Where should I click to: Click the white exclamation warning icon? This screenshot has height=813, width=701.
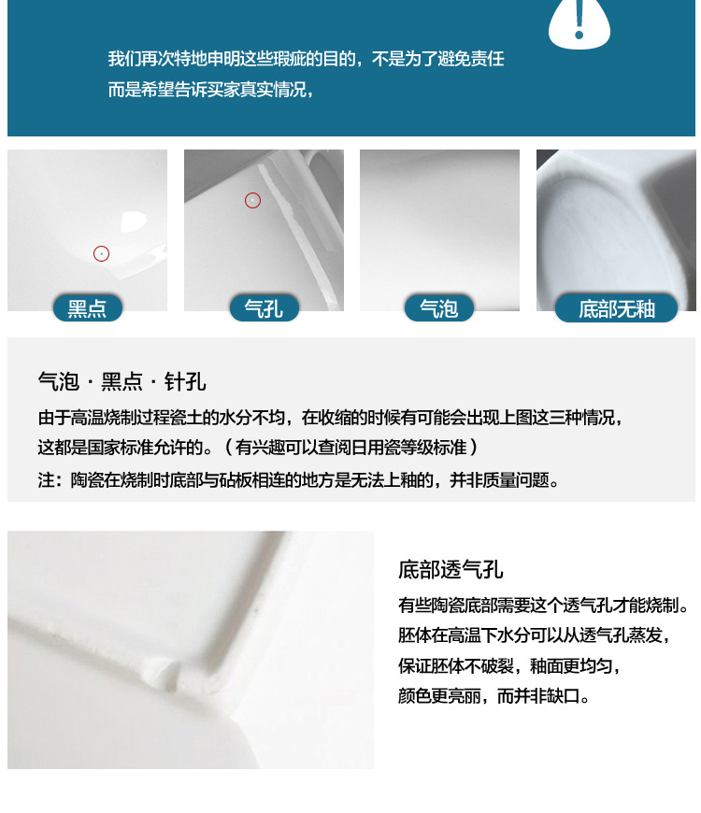click(x=579, y=22)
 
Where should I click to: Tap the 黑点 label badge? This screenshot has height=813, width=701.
click(x=88, y=308)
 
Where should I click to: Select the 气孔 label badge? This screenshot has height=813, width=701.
click(x=264, y=308)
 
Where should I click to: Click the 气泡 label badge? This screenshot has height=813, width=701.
click(x=438, y=308)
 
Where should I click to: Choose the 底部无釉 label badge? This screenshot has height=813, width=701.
click(x=617, y=308)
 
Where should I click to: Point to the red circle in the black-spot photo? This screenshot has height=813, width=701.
click(x=101, y=253)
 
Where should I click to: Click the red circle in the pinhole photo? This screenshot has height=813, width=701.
click(x=252, y=200)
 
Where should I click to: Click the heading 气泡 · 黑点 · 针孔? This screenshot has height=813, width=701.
click(x=122, y=381)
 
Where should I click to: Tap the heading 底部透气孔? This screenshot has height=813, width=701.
click(x=451, y=570)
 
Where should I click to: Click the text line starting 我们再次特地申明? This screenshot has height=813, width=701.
click(x=306, y=59)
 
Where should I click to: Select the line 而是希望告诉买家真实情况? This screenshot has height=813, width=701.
click(x=210, y=90)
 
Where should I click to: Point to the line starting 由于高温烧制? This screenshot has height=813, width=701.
click(x=330, y=417)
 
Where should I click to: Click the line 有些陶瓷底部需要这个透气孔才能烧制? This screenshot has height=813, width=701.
click(x=543, y=606)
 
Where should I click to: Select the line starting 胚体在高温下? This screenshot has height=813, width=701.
click(x=534, y=635)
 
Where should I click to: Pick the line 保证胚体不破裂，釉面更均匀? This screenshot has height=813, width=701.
click(x=509, y=666)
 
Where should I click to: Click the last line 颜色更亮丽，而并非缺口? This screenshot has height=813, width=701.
click(x=494, y=696)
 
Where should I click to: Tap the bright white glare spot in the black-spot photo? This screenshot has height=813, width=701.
click(x=134, y=221)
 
